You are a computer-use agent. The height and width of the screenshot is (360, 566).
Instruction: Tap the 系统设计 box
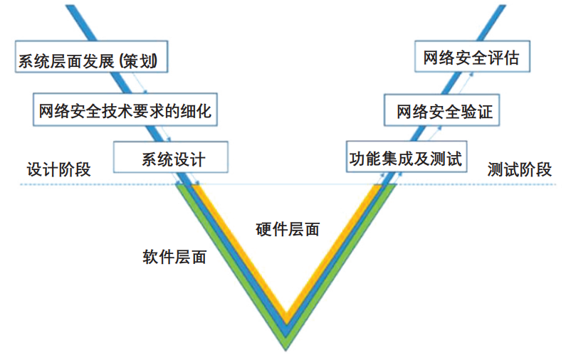pos(171,158)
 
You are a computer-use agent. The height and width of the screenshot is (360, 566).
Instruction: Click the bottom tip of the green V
pos(287,347)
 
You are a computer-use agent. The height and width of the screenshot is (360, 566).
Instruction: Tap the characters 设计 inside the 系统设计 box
pos(189,158)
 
